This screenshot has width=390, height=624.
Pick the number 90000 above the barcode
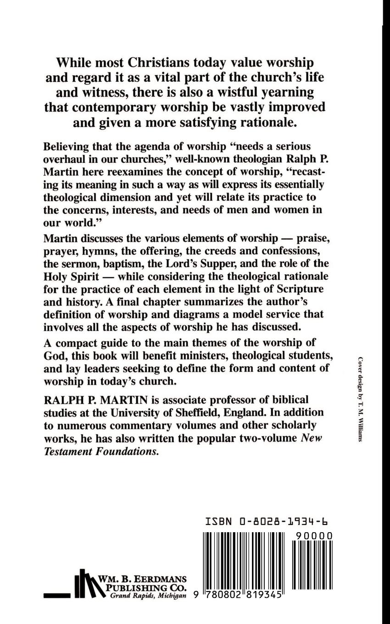click(314, 536)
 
